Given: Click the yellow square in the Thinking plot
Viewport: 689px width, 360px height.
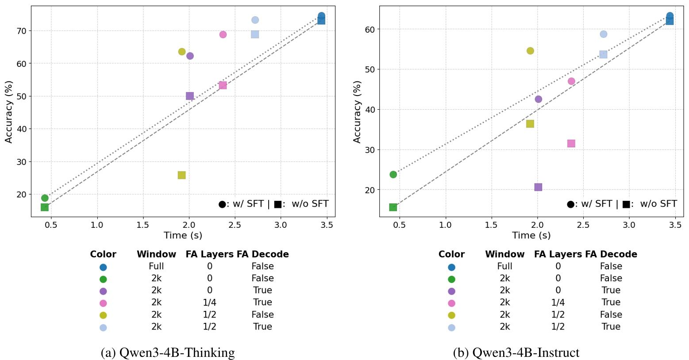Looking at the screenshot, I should pos(181,175).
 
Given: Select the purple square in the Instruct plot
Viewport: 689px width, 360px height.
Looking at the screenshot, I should pos(538,187).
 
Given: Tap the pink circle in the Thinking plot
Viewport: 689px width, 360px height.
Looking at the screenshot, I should pos(223,34).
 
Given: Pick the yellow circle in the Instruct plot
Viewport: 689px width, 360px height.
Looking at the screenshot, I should pos(530,51).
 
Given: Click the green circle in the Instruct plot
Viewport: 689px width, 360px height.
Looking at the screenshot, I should pos(393,175).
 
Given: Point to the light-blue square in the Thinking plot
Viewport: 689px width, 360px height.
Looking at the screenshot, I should pos(255,34).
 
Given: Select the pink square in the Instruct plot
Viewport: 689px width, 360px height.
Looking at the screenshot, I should pos(571,143).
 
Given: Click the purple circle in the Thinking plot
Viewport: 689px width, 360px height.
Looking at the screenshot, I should pos(190,56).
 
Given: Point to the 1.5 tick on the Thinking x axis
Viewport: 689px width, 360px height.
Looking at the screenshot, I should pos(143,225).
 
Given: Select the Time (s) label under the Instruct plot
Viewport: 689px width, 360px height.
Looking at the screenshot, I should pos(531,235).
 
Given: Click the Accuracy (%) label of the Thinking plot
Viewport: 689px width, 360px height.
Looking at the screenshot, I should pos(9,111).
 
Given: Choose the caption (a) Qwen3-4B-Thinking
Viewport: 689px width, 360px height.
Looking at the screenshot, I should pos(168,352).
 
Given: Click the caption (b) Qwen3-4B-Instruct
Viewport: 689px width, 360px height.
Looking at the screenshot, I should pos(516,352).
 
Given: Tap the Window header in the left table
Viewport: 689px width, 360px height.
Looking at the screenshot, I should pos(156,254).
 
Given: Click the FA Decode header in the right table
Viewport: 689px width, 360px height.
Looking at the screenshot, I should pos(611,254).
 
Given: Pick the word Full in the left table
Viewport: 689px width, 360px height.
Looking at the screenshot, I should pos(156,266).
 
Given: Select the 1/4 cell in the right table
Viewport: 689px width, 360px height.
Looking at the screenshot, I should pos(558,303).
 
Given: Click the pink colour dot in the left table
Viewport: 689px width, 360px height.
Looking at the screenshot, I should pos(103,303).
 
